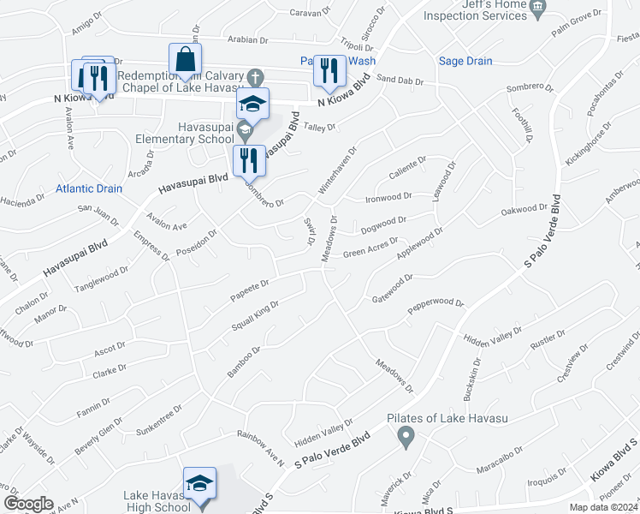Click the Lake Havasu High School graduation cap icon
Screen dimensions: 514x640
[199, 484]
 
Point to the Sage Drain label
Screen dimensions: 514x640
[465, 61]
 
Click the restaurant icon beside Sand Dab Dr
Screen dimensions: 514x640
[329, 71]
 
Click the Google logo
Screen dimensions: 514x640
[28, 504]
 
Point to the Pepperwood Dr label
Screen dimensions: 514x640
[436, 304]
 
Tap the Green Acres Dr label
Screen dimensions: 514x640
[370, 248]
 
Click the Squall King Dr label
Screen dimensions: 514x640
[256, 316]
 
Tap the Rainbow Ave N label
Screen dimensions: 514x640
[260, 449]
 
